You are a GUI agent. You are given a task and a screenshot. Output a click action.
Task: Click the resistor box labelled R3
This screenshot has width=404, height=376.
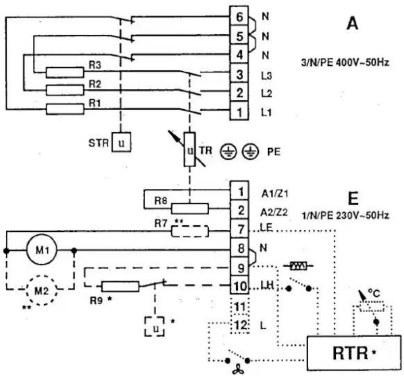pos(65,72)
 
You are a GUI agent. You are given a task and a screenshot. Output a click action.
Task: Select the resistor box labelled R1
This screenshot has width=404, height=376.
pos(65,109)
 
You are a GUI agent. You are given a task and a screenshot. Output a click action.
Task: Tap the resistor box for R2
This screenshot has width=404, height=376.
pos(65,90)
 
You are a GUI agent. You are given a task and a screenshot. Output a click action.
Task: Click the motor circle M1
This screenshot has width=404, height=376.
pos(42,250)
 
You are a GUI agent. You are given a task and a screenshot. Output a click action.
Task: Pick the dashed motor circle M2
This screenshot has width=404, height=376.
pos(42,291)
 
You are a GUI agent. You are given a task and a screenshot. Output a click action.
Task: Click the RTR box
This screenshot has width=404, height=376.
pos(354,353)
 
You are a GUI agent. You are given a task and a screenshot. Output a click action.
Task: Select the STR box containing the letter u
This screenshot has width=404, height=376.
pos(121,142)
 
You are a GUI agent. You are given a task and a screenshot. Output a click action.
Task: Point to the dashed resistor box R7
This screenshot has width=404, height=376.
pos(190,231)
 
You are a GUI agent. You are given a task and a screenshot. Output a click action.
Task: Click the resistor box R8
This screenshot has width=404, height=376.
pos(190,209)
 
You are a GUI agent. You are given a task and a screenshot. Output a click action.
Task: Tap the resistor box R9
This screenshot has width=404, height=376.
pos(121,287)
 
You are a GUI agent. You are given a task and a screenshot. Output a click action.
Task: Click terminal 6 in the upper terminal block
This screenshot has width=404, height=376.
pos(239,16)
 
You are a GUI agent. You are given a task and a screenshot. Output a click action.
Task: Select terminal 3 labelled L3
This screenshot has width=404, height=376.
pos(239,73)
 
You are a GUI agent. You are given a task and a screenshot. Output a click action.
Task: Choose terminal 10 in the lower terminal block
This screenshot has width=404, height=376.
pos(239,286)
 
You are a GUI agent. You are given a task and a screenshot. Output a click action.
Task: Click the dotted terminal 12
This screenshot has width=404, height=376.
pos(240,325)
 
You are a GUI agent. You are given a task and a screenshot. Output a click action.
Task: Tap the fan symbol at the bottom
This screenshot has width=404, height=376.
pos(237,370)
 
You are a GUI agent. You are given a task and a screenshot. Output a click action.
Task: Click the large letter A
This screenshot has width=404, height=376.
pos(352,24)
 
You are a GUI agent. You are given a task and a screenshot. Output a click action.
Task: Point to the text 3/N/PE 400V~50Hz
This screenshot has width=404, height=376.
pos(345,62)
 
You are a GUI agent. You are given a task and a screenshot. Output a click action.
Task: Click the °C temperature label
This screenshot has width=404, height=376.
pos(374,293)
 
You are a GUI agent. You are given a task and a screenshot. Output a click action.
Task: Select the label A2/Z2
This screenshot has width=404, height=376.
pos(274,213)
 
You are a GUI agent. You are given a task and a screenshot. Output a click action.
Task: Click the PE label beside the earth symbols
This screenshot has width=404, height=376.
pos(274,152)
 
